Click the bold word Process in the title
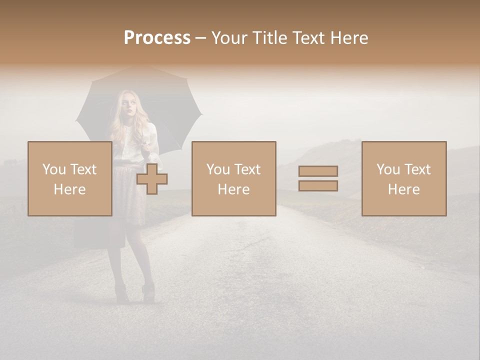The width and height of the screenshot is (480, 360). [x=157, y=37]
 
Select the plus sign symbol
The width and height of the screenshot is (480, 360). [x=152, y=179]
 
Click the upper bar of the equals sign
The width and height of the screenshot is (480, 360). [x=318, y=171]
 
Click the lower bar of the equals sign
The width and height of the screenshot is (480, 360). [x=318, y=186]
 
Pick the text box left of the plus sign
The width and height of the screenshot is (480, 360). [x=69, y=178]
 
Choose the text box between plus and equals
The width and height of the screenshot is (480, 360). [x=233, y=178]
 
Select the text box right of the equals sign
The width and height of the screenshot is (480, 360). [x=403, y=178]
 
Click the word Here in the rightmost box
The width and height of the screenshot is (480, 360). [x=403, y=189]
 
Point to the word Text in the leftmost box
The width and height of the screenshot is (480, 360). [x=83, y=169]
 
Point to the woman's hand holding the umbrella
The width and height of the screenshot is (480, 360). [x=144, y=145]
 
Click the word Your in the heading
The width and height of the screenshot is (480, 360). [x=230, y=37]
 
